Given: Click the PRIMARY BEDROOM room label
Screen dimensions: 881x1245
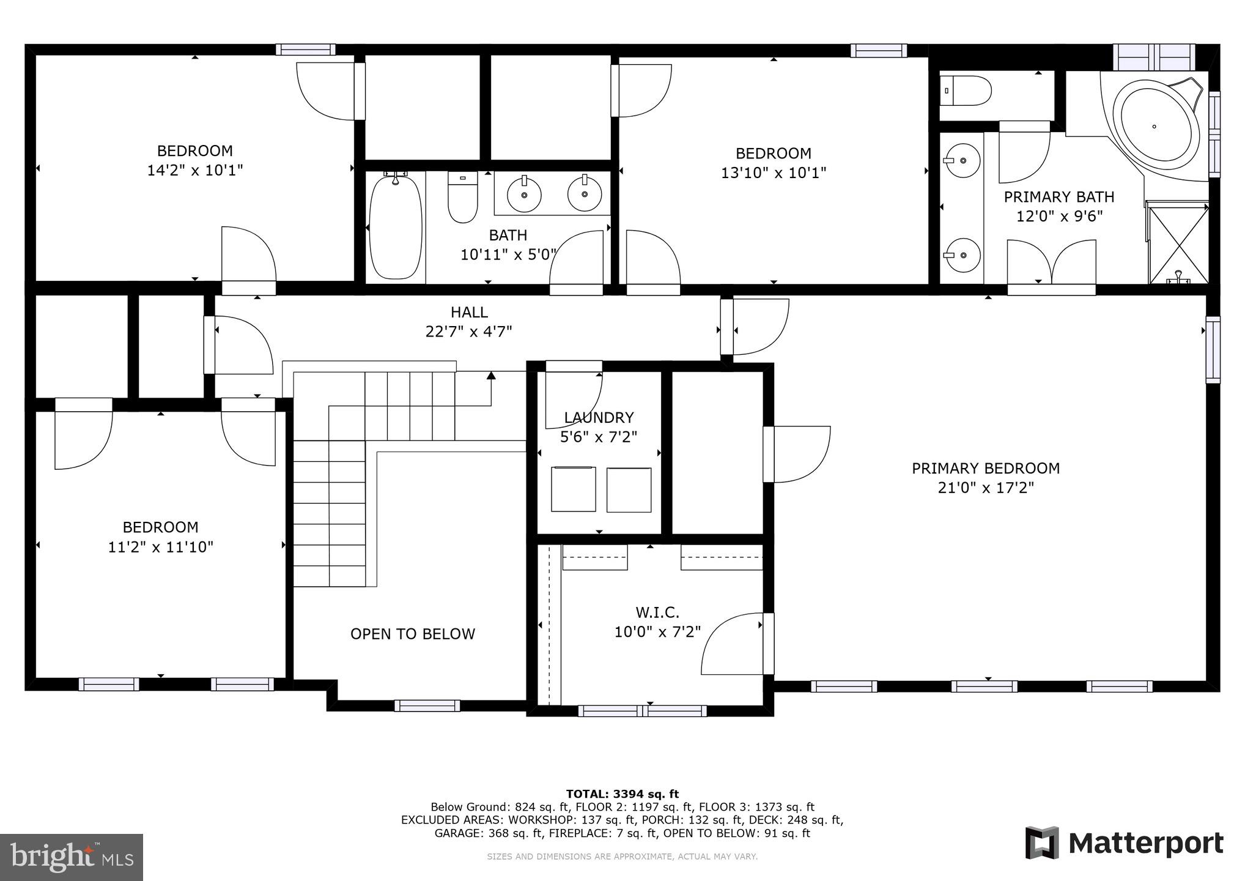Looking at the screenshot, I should point(986,469).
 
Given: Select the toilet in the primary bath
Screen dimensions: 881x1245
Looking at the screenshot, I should point(966,91).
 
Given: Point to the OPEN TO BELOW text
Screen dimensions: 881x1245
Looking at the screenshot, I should point(413,634).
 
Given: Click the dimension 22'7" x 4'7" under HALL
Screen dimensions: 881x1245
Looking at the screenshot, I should point(469,332).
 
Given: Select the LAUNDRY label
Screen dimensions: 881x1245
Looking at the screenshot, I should point(599,418).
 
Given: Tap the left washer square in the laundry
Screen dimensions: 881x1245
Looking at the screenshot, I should point(574,489).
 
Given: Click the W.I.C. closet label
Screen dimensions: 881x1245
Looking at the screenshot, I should point(657,612).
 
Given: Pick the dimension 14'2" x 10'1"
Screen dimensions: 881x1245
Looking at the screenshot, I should point(195,170).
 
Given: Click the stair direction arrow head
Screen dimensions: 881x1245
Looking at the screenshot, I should point(490,375).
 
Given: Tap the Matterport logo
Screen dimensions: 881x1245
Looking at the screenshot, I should point(1124,843).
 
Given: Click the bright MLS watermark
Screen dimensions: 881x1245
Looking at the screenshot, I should point(72,857).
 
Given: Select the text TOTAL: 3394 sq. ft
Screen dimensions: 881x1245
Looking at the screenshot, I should point(622,794).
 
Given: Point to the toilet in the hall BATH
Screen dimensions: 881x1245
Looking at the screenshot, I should point(462,197).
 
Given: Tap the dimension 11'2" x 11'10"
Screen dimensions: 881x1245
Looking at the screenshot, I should point(161,547).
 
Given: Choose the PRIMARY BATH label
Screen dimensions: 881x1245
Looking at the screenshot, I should point(1059,197).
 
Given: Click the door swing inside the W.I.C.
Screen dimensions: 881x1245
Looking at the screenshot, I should point(731,645).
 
